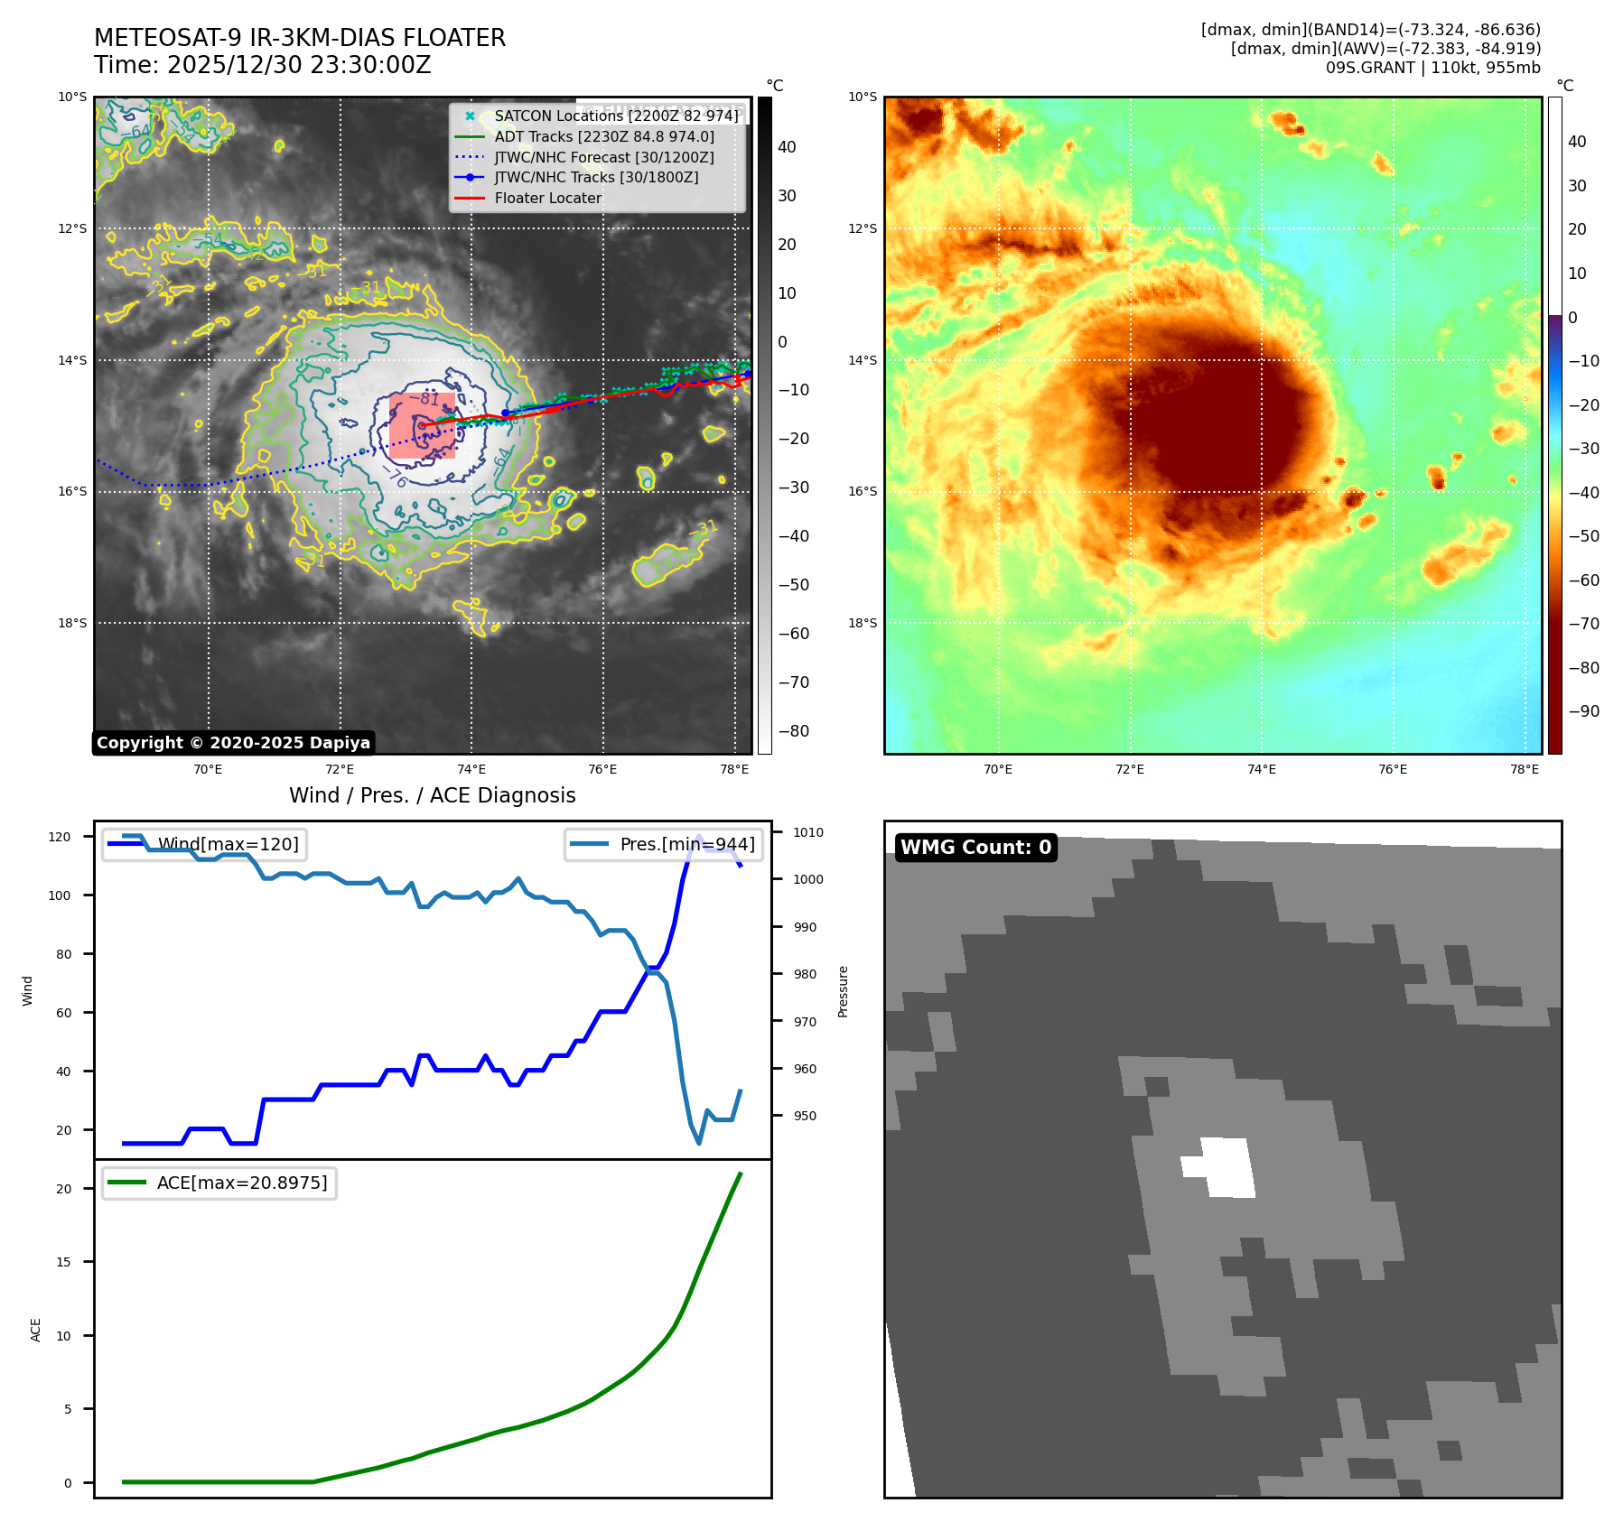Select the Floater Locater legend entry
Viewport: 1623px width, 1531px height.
[547, 198]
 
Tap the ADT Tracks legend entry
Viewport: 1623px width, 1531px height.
[603, 136]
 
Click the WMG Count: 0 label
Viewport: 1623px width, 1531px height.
[975, 847]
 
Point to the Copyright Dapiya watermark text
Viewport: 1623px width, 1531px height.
[233, 743]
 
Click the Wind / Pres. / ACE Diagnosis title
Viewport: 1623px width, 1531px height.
[432, 795]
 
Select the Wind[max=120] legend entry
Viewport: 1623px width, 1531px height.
[228, 844]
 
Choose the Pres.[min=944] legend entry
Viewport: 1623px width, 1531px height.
[686, 844]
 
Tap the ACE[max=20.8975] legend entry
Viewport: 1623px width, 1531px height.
[241, 1183]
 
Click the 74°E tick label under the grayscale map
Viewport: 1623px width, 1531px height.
[471, 769]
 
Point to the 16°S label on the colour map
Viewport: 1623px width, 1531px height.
[862, 492]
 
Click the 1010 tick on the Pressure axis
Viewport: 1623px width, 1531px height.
[808, 832]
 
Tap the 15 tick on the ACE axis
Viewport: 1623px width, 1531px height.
[63, 1262]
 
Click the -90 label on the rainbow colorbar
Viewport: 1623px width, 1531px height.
[1583, 711]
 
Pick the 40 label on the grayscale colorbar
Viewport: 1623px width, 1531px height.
[787, 147]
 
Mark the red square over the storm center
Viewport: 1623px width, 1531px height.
[422, 425]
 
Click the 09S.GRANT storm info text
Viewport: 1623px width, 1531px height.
[1432, 68]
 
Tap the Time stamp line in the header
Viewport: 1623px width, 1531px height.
[262, 65]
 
